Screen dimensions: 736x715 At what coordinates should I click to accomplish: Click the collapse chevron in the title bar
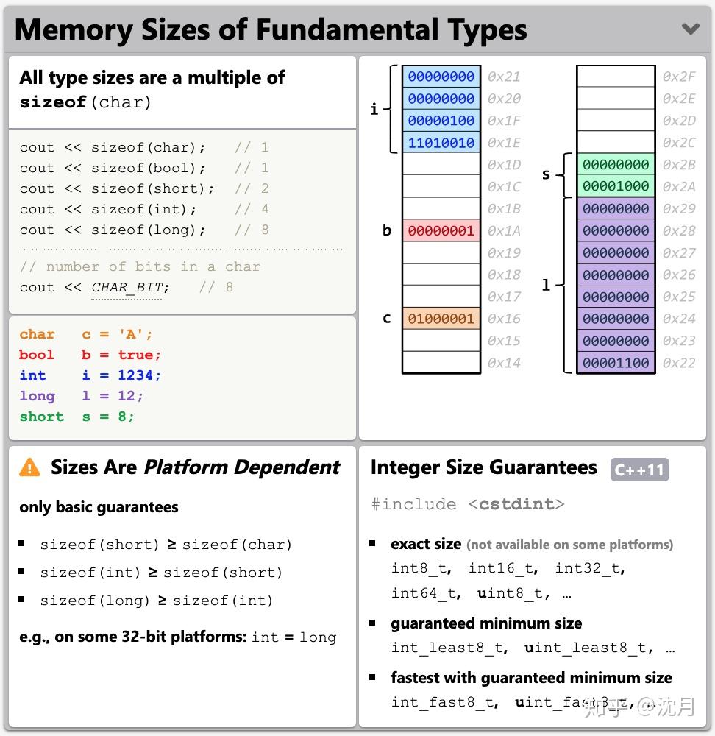tap(690, 29)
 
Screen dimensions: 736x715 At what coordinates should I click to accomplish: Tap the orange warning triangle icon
tap(29, 467)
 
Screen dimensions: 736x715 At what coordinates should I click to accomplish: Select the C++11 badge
tap(639, 470)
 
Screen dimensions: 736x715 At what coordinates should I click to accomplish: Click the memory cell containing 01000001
tap(441, 319)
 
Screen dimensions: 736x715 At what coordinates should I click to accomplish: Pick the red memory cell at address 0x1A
tap(441, 231)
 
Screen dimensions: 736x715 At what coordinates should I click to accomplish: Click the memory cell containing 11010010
tap(441, 143)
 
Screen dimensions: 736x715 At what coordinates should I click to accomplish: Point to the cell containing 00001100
tap(616, 363)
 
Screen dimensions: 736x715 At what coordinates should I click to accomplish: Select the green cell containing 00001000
tap(616, 187)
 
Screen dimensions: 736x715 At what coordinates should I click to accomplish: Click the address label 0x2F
tap(678, 77)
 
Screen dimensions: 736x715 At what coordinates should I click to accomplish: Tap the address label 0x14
tap(504, 363)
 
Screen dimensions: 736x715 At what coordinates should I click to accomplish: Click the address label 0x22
tap(678, 363)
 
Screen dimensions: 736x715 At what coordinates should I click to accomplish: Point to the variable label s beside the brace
tap(546, 174)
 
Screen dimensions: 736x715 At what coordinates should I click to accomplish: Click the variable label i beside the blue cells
tap(374, 110)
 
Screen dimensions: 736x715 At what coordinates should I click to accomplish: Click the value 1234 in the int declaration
tap(136, 375)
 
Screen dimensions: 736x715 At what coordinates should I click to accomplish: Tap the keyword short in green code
tap(42, 417)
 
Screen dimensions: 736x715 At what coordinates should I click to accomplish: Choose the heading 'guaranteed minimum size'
tap(486, 623)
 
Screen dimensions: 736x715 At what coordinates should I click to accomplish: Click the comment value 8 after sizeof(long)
tap(265, 230)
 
